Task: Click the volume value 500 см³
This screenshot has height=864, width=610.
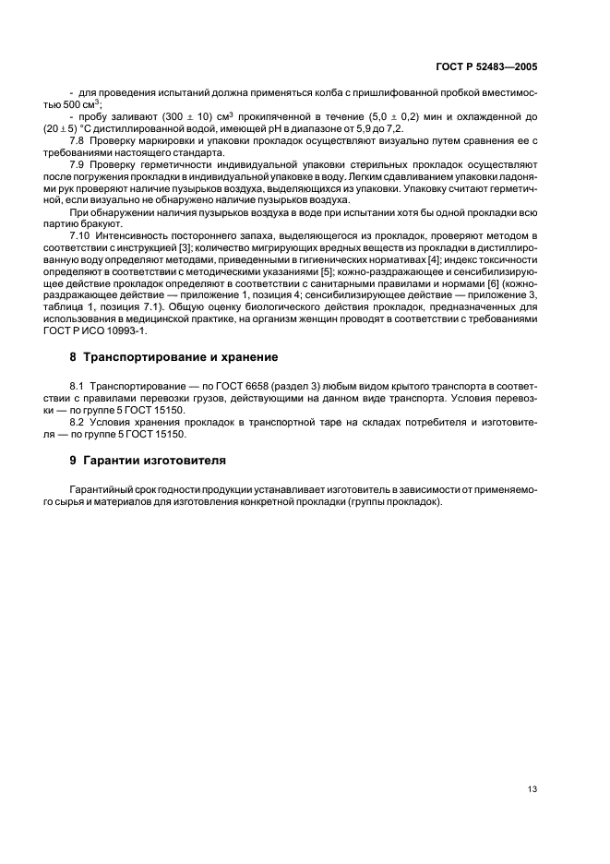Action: point(94,105)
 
